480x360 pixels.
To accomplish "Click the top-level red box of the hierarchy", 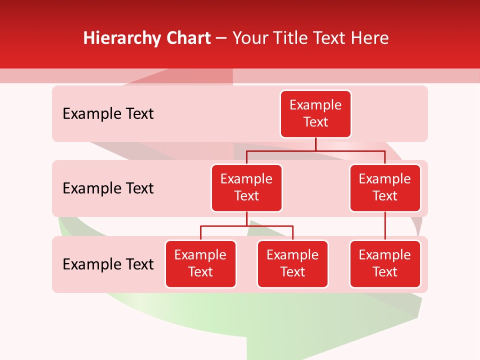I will click(x=315, y=113).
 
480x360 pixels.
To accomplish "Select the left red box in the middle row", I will click(x=246, y=187).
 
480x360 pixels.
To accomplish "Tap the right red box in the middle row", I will click(x=385, y=187).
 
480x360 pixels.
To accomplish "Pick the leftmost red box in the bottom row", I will click(x=200, y=263).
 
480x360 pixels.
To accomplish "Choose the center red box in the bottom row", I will click(x=292, y=263).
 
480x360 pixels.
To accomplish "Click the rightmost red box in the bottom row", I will click(x=385, y=263).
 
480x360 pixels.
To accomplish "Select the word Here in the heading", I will click(x=370, y=38).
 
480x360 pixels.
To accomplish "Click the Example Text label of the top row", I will click(x=108, y=113).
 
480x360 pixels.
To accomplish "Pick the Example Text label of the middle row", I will click(x=108, y=188).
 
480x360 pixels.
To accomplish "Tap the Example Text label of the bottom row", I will click(x=108, y=264).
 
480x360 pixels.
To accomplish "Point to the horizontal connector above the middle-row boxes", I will click(x=315, y=150).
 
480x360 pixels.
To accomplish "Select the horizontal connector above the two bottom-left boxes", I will click(x=246, y=226).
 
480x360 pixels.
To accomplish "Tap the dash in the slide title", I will click(x=221, y=38).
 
